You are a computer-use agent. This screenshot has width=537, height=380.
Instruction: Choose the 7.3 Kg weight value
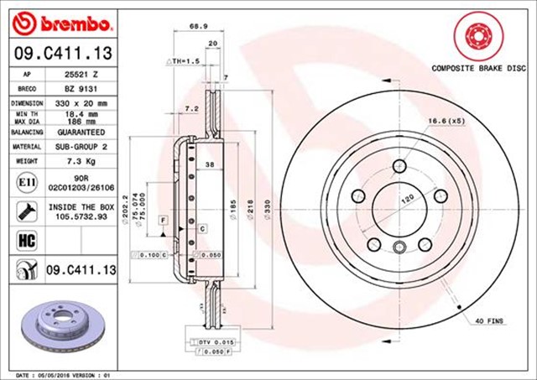click(81, 159)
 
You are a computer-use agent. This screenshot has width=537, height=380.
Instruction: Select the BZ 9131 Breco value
click(81, 88)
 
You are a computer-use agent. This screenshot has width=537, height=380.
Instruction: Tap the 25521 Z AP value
click(81, 74)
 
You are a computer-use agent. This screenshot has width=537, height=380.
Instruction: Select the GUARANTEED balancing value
click(81, 133)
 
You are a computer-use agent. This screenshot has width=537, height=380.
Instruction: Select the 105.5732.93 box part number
click(81, 216)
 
